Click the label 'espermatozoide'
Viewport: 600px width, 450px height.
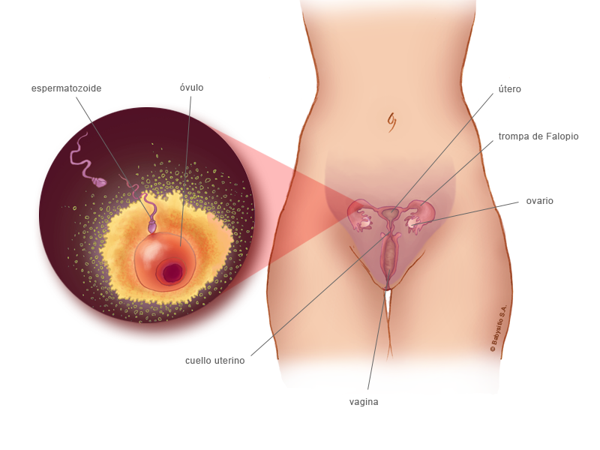tap(66, 88)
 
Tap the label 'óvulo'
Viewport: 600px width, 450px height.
tap(191, 88)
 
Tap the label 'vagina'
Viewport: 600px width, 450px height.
tap(364, 402)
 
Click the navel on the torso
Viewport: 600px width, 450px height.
tap(391, 119)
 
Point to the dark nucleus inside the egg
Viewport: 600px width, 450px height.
tap(173, 272)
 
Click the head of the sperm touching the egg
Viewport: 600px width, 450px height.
tap(152, 225)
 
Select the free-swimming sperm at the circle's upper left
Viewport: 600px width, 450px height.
tap(97, 181)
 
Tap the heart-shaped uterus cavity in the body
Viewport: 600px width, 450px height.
tap(390, 215)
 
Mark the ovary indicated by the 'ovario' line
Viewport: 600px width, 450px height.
tap(415, 222)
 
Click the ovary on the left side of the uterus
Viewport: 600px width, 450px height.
tap(366, 222)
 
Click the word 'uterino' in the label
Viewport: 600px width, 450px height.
tap(229, 360)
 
